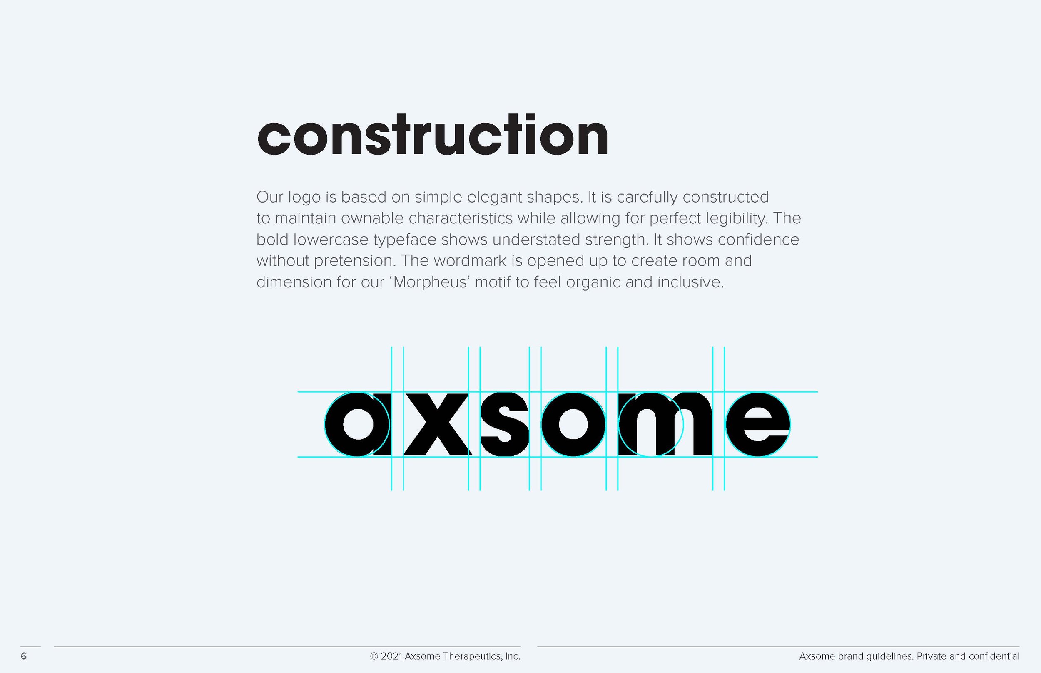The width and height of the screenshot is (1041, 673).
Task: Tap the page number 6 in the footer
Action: tap(24, 656)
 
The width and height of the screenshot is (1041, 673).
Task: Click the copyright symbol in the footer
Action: tap(374, 656)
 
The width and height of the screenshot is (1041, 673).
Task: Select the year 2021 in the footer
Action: tap(391, 656)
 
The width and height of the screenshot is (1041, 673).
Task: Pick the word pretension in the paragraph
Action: tap(355, 261)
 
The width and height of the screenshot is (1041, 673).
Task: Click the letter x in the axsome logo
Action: tap(436, 424)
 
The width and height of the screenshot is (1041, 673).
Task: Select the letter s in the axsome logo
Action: tap(504, 424)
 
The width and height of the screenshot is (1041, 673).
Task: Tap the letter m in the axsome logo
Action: tap(665, 424)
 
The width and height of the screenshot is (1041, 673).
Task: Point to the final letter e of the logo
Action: tap(757, 424)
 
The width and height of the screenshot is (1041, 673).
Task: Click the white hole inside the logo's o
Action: tap(573, 424)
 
